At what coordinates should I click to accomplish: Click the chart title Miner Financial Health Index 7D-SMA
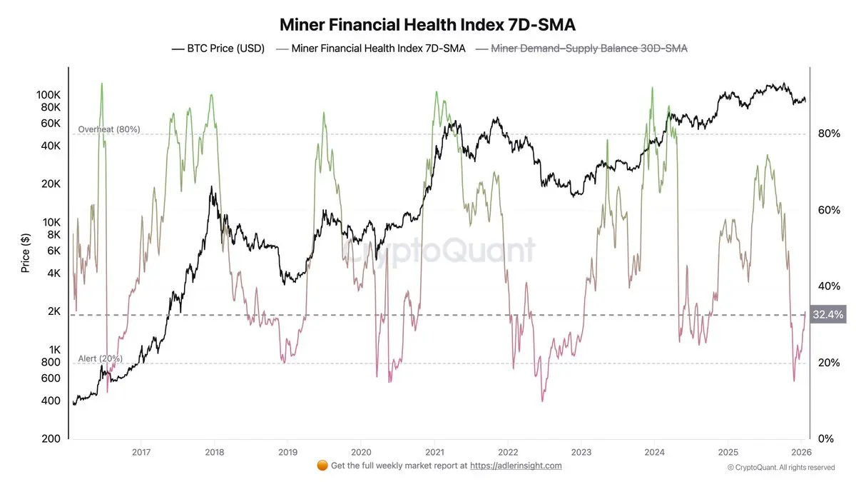pos(427,24)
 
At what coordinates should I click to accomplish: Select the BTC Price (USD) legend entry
pos(218,49)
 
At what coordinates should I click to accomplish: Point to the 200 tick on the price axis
pos(51,438)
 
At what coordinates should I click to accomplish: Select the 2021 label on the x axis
pos(434,451)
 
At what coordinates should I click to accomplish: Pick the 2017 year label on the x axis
pos(141,451)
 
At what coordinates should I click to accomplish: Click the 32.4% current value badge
pos(827,314)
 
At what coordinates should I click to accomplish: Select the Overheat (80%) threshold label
pos(109,129)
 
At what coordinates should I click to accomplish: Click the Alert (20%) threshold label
pos(101,358)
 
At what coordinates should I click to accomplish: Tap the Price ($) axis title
pos(26,253)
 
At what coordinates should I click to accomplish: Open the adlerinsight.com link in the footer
pos(516,466)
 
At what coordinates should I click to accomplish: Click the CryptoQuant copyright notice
pos(780,468)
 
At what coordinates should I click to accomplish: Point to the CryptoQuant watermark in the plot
pos(437,251)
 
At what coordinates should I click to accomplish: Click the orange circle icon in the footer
pos(322,466)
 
